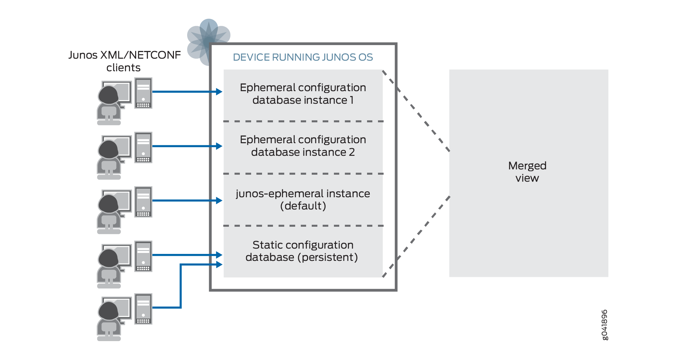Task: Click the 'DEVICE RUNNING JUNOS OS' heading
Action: tap(303, 57)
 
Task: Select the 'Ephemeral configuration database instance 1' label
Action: tap(303, 94)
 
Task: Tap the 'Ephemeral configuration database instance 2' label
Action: tap(303, 146)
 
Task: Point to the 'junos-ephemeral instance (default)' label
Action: tap(303, 200)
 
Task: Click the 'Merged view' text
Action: tap(527, 172)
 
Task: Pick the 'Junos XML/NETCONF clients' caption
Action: tap(124, 61)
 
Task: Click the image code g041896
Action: tap(605, 325)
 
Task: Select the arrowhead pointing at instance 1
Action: tap(219, 92)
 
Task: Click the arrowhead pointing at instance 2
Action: tap(219, 146)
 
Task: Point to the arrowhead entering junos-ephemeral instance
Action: tap(219, 201)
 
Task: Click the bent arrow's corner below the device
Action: tap(181, 307)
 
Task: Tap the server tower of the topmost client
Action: tap(143, 93)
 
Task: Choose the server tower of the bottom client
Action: tap(143, 309)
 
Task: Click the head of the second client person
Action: tap(108, 150)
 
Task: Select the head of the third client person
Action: tap(108, 204)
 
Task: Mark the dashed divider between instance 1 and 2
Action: tap(303, 122)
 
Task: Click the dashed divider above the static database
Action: tap(303, 226)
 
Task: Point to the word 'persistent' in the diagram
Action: tap(328, 257)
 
